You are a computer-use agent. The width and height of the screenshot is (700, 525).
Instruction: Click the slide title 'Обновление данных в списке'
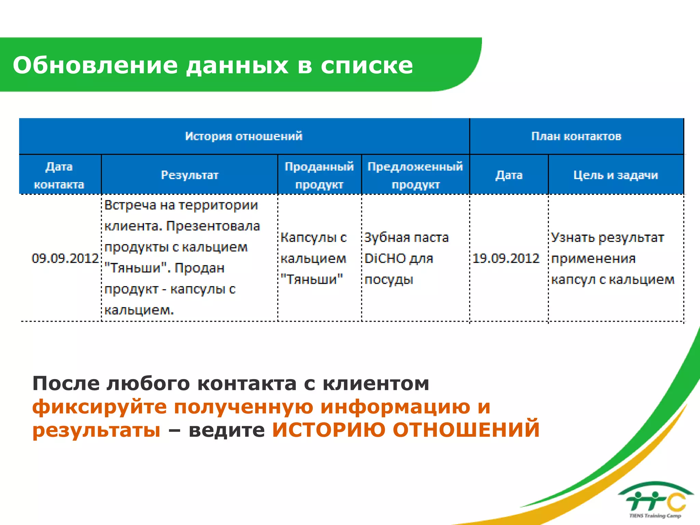pos(213,65)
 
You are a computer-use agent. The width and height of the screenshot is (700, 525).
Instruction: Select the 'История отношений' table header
pos(244,136)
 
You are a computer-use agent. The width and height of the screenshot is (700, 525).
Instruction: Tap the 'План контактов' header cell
pos(576,136)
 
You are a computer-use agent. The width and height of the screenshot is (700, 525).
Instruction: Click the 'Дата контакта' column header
pos(59,175)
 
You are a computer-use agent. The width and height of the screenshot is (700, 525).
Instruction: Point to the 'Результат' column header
pos(190,175)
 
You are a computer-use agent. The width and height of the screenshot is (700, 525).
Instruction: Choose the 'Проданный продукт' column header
pos(319,175)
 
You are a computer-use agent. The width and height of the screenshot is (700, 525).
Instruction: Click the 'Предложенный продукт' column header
pos(415,175)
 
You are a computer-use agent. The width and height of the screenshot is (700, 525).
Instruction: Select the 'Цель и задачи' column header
pos(616,175)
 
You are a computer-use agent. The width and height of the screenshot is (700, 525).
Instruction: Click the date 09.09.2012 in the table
pos(65,258)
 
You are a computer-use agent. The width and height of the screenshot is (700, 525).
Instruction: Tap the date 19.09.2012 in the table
pos(506,258)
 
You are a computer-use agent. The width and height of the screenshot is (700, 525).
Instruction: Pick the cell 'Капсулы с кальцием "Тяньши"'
pos(313,258)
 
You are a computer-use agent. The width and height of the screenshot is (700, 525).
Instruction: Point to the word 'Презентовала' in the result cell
pos(213,226)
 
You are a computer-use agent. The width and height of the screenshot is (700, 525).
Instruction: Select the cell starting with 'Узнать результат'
pos(612,258)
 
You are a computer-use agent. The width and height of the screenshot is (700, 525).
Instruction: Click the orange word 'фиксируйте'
pos(99,407)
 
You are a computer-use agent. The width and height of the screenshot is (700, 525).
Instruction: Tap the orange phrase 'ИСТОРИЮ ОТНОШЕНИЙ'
pos(406,430)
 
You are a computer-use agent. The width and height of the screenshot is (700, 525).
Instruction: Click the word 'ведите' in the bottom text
pos(227,430)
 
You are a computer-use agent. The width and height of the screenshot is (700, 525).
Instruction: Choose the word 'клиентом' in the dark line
pos(376,383)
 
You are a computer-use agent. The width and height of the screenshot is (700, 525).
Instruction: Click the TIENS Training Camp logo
pos(656,501)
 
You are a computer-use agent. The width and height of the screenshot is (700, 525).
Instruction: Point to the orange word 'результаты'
pos(96,430)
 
